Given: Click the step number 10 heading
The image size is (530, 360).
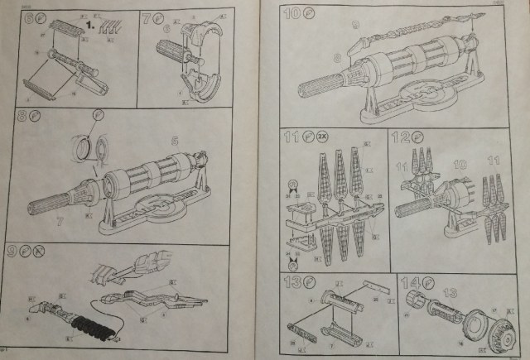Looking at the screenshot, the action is [x=291, y=14].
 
